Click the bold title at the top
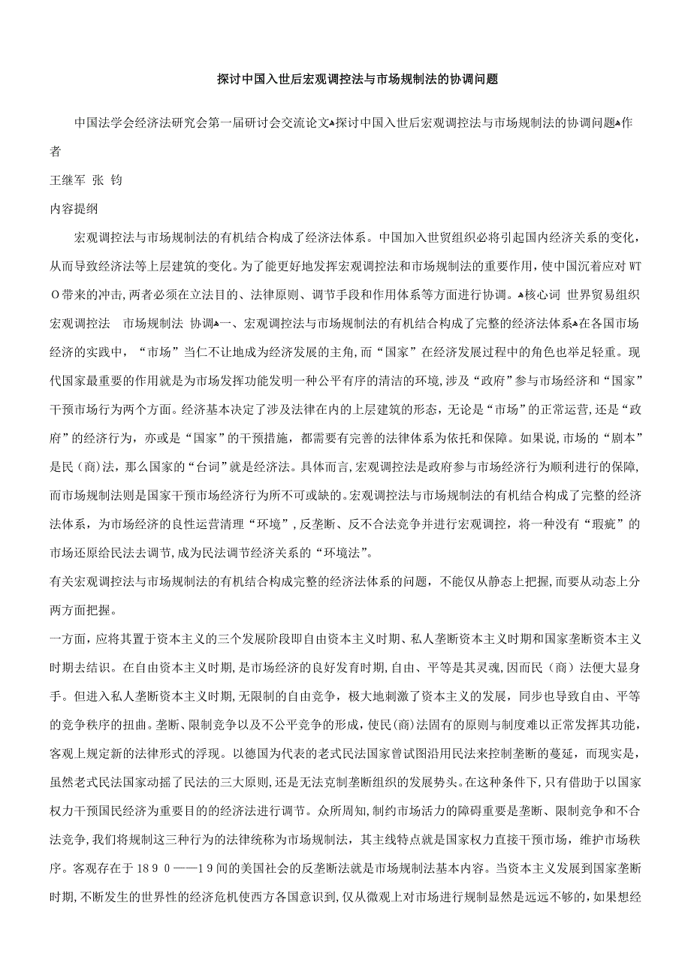pos(358,78)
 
